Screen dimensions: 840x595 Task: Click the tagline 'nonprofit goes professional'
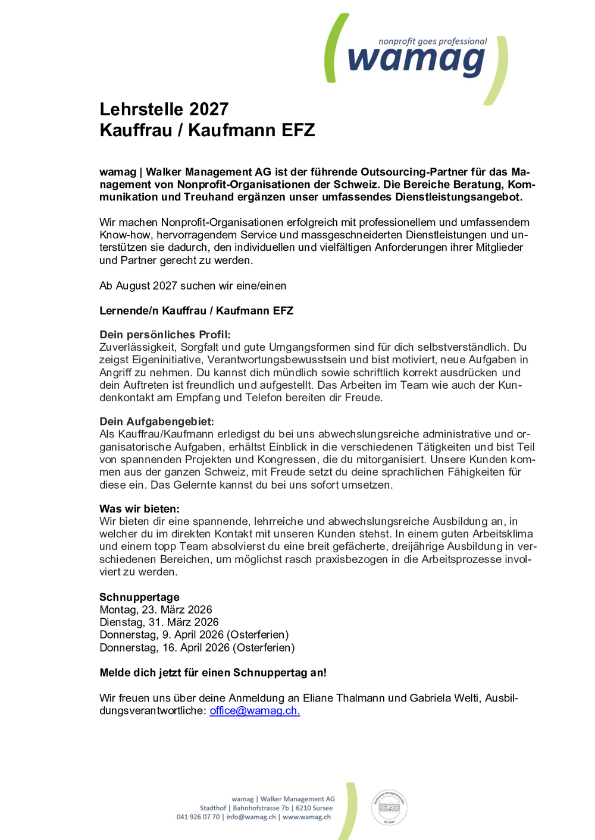tap(433, 42)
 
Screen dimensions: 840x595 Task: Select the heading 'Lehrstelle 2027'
tap(164, 109)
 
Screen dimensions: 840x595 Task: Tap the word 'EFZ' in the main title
tap(298, 130)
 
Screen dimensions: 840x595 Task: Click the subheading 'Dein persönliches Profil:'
tap(165, 335)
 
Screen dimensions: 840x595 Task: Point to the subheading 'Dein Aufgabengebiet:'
tap(156, 421)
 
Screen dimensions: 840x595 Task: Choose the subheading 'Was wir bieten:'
tap(139, 509)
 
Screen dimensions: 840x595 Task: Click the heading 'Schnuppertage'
tap(139, 597)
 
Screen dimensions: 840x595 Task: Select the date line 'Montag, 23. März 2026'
tap(156, 610)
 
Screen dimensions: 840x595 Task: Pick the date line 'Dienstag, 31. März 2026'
tap(159, 622)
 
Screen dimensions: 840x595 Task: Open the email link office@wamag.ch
tap(255, 711)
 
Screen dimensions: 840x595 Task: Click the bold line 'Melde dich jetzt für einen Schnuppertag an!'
tap(213, 673)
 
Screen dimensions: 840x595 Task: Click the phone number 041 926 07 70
tap(198, 817)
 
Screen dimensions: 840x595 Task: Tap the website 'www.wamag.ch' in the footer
tap(306, 817)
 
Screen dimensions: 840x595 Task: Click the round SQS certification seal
tap(389, 807)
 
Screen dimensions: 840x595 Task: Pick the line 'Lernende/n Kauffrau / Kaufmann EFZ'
tap(196, 311)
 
